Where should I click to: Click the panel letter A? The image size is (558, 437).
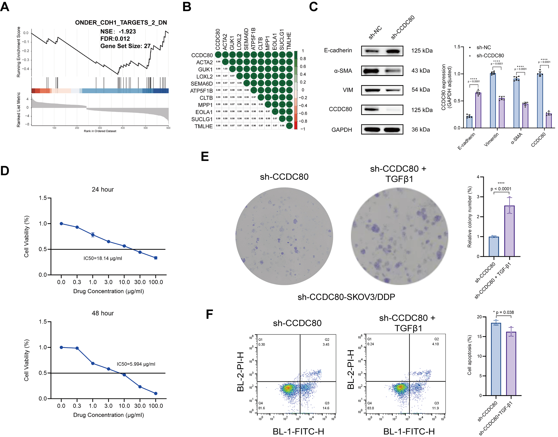[x=5, y=7]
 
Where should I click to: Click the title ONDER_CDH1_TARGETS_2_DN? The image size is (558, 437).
[x=121, y=23]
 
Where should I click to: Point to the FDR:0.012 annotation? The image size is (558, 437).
[x=115, y=39]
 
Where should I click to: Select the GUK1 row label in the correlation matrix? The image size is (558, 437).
[x=205, y=69]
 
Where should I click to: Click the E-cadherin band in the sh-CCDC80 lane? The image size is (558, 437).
[x=393, y=51]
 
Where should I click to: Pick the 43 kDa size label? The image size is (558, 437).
[x=420, y=71]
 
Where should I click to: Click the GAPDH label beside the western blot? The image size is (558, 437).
[x=342, y=130]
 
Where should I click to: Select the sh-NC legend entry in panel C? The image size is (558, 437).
[x=483, y=47]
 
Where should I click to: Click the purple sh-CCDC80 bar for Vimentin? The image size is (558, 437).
[x=502, y=113]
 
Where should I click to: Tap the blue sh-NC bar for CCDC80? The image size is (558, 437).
[x=540, y=101]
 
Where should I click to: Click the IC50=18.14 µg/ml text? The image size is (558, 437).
[x=103, y=258]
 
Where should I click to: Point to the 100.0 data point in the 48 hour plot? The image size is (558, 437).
[x=155, y=393]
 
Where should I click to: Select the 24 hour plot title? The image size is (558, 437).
[x=103, y=189]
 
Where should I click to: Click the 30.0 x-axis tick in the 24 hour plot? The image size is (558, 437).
[x=140, y=282]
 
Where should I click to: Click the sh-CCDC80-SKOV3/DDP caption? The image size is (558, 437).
[x=346, y=297]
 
